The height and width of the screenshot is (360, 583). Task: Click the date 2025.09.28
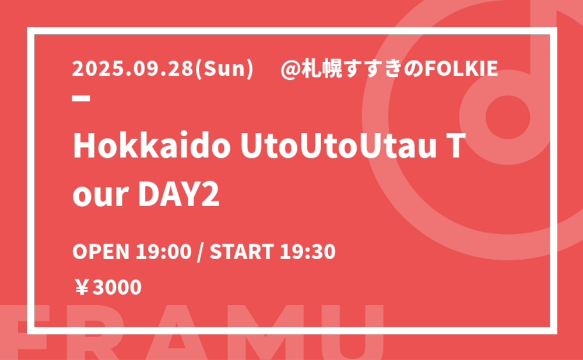(x=133, y=69)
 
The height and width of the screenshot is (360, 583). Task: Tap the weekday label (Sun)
(x=224, y=69)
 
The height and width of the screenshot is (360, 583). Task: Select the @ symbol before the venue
(x=290, y=69)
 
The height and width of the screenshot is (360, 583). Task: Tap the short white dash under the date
(x=81, y=98)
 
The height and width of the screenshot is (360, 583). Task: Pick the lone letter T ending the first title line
(x=457, y=146)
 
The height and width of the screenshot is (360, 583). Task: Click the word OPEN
(x=101, y=252)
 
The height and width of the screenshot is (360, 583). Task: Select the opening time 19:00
(x=164, y=252)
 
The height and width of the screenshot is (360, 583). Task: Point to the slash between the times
(x=201, y=252)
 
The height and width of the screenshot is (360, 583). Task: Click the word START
(x=242, y=252)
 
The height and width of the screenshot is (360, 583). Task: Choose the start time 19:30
(x=307, y=252)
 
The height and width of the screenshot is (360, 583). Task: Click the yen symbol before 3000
(x=82, y=288)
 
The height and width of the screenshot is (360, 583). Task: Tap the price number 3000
(x=117, y=288)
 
